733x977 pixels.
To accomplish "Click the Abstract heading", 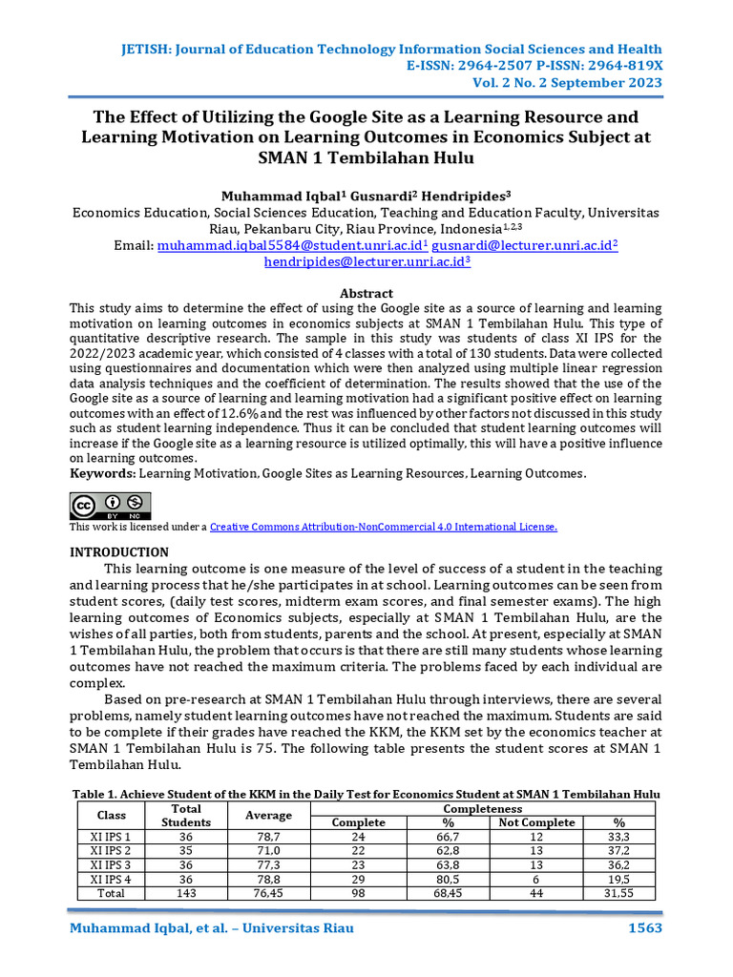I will click(x=366, y=293).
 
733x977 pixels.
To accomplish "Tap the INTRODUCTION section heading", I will click(x=119, y=552).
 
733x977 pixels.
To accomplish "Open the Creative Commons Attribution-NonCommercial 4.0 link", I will click(x=383, y=527).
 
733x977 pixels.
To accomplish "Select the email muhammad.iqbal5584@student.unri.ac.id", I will click(x=291, y=245).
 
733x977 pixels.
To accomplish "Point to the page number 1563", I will click(x=643, y=928).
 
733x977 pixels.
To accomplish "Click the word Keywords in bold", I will click(x=103, y=473).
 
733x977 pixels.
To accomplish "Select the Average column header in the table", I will click(x=269, y=815).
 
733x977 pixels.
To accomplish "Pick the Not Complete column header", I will click(x=536, y=822).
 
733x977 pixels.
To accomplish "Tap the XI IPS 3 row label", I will click(x=111, y=864).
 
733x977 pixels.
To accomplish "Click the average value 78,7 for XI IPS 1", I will click(x=269, y=836).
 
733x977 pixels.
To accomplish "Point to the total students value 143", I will click(x=186, y=893).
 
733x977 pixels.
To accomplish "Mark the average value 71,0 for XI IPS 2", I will click(x=269, y=850).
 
